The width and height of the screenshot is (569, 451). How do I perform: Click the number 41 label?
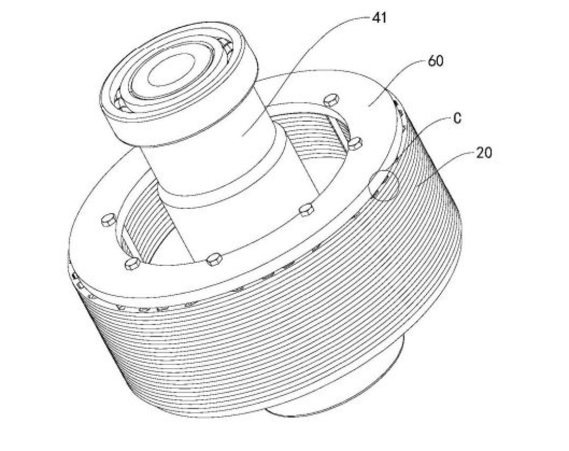click(379, 18)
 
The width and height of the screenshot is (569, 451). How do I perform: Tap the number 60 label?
click(436, 61)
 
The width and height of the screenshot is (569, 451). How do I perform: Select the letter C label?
click(457, 118)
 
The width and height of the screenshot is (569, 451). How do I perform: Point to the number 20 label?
click(484, 153)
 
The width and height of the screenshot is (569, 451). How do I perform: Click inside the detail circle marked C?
click(383, 185)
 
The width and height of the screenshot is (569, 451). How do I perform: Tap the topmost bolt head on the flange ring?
click(330, 99)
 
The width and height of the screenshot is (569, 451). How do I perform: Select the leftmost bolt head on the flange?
click(108, 220)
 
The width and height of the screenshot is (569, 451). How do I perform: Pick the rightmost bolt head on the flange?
click(354, 142)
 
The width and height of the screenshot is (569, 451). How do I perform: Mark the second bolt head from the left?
click(131, 264)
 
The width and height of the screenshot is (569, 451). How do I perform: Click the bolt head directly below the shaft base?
click(214, 260)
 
